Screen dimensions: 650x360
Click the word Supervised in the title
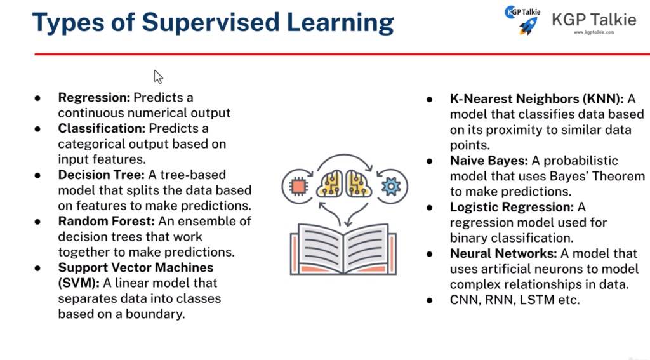(x=211, y=22)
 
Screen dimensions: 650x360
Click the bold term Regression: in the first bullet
(x=94, y=98)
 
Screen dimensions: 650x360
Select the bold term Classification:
(x=102, y=128)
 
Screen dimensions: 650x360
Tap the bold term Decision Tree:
(x=101, y=175)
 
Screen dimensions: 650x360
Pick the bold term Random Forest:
(x=106, y=221)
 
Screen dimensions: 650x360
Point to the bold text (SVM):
(x=79, y=283)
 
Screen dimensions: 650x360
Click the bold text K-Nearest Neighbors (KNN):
(x=537, y=99)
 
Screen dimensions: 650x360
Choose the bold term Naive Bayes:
(x=489, y=161)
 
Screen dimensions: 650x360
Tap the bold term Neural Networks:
(x=503, y=253)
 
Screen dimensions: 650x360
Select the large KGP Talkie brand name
(x=594, y=20)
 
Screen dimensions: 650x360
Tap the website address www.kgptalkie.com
(x=594, y=32)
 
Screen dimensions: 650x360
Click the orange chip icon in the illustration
(x=298, y=186)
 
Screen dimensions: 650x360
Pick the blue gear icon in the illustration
(x=392, y=186)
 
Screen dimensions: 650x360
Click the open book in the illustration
(x=343, y=250)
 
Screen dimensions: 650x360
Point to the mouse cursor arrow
(x=158, y=77)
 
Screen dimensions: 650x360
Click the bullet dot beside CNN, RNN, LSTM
(x=430, y=300)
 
